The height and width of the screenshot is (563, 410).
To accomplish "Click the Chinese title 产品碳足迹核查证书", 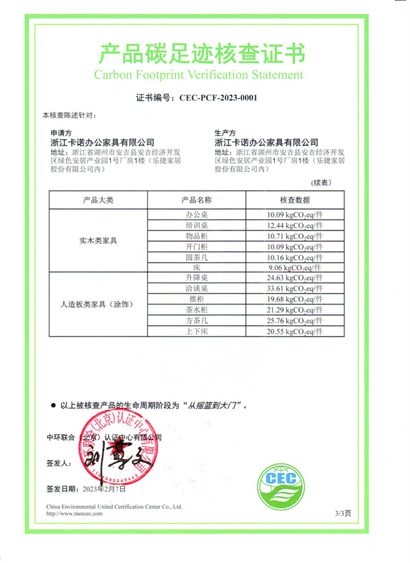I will [202, 51].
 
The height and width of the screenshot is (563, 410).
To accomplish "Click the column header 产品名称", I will [197, 200].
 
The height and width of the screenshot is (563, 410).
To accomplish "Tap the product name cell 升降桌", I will [197, 277].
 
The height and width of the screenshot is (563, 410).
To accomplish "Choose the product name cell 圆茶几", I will [197, 257].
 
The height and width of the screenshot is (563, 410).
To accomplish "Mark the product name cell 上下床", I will [197, 331].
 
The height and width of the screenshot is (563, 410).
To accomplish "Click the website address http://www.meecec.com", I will [74, 513].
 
